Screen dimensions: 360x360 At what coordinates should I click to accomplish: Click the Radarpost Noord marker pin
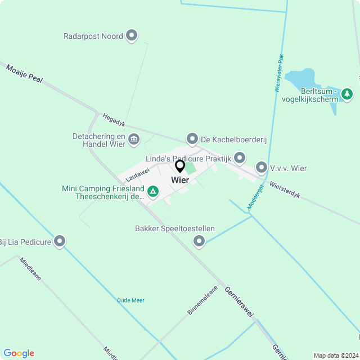(x=132, y=36)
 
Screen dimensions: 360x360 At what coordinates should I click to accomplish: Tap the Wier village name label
(x=180, y=180)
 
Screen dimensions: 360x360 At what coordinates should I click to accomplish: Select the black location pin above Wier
(x=180, y=166)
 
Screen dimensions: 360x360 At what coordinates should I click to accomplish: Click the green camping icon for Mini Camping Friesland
(x=152, y=192)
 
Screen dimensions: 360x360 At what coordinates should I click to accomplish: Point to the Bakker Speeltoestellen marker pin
(x=199, y=241)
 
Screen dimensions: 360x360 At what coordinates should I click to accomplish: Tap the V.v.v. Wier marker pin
(x=262, y=167)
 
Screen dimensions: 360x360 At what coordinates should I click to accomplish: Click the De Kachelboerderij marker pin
(x=192, y=138)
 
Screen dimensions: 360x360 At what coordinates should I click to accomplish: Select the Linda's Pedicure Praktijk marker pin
(x=240, y=158)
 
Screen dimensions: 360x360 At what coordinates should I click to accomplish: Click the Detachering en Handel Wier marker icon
(x=134, y=139)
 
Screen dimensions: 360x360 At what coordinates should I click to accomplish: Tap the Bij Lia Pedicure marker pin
(x=60, y=242)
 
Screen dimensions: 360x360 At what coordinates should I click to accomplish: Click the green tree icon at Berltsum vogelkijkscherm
(x=348, y=93)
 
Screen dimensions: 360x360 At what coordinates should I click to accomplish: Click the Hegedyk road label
(x=114, y=120)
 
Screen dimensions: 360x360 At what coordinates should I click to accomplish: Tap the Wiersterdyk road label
(x=285, y=190)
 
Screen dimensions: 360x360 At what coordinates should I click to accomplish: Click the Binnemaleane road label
(x=202, y=299)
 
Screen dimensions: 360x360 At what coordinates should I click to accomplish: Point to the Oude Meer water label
(x=130, y=300)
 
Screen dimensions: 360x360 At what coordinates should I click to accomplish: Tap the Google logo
(x=19, y=353)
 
